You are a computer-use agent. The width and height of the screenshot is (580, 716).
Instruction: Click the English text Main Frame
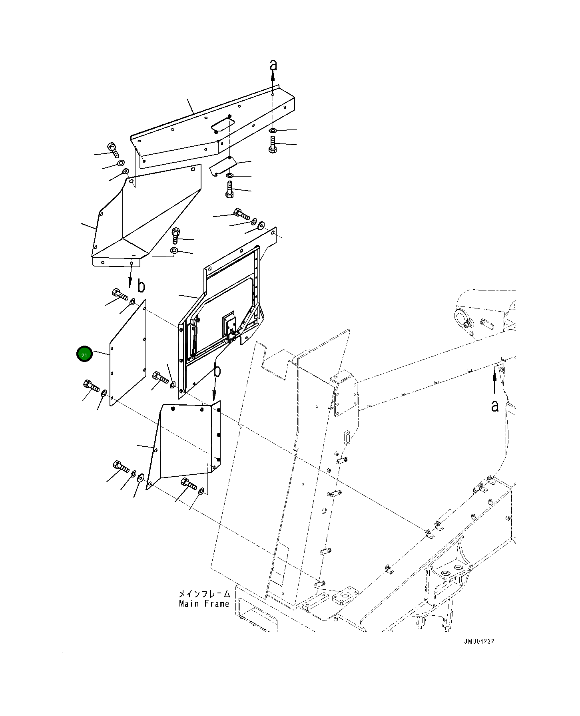(x=204, y=604)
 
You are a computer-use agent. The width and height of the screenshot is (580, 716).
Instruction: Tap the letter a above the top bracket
(x=273, y=65)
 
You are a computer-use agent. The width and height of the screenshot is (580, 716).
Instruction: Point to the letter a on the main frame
(x=495, y=406)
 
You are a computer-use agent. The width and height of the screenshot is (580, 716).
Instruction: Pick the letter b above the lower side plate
(x=217, y=370)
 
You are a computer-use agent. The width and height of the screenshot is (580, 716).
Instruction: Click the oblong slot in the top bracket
(x=222, y=123)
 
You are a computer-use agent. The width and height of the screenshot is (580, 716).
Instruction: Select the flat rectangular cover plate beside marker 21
(x=128, y=353)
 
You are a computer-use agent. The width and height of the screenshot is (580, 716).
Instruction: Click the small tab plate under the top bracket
(x=223, y=165)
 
